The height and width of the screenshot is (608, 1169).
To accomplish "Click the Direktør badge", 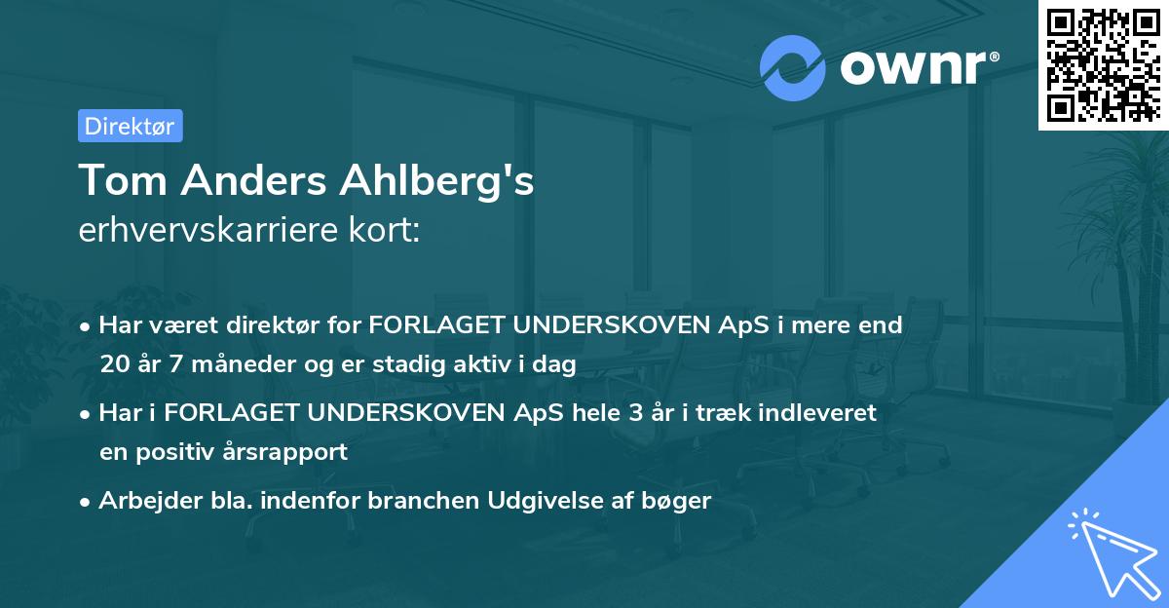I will (130, 126).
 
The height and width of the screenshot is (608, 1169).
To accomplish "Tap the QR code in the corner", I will (1103, 64).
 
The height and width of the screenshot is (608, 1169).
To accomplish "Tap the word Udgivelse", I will (541, 501).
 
